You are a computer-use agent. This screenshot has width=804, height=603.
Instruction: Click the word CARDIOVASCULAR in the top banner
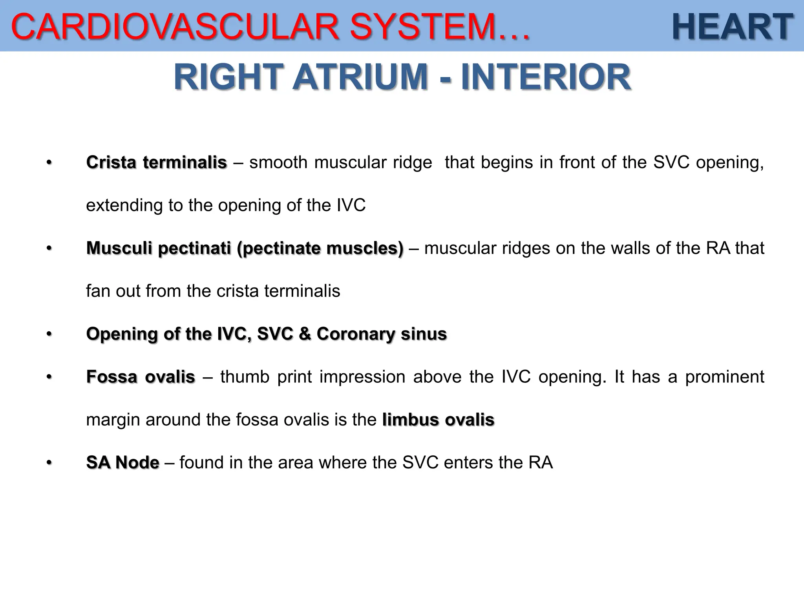[x=175, y=27]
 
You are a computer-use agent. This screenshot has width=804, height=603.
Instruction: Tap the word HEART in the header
[x=733, y=27]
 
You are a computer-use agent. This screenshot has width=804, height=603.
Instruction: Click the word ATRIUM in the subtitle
[x=360, y=77]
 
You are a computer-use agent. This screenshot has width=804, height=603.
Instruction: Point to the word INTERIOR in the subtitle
[x=546, y=77]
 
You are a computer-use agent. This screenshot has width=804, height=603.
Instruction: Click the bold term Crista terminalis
[x=156, y=162]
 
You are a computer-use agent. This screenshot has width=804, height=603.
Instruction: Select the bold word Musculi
[x=119, y=248]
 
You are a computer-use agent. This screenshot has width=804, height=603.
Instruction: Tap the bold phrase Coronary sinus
[x=382, y=334]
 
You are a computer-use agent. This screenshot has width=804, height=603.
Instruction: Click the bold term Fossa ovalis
[x=141, y=377]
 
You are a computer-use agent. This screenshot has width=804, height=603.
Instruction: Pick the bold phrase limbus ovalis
[x=438, y=420]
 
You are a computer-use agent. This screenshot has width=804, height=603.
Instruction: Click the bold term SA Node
[x=122, y=462]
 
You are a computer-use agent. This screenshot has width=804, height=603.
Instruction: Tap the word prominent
[x=725, y=377]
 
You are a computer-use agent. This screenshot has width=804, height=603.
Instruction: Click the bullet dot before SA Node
[x=49, y=462]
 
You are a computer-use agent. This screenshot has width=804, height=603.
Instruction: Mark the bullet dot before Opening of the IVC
[x=49, y=334]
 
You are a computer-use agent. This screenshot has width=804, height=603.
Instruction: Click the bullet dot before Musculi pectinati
[x=49, y=248]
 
